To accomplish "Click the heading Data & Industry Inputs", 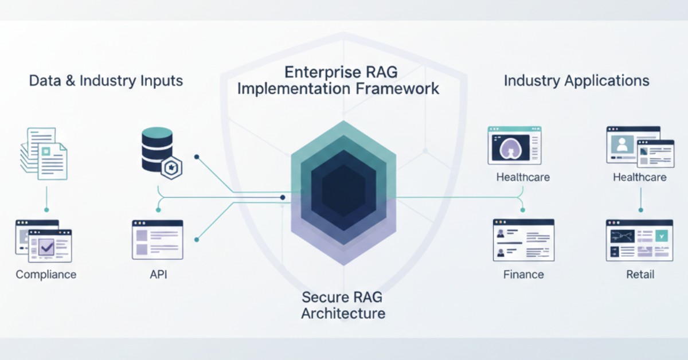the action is pos(106,81).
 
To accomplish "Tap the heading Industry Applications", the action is pos(577,81).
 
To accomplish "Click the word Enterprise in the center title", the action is pos(318,73).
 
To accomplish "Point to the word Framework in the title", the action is pos(397,89).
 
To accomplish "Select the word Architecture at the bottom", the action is pos(343,314).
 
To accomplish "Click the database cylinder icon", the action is pos(157,150).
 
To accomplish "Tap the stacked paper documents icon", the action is pos(44,154).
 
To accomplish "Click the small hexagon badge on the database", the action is pos(171,168).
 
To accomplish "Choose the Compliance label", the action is pos(46,275).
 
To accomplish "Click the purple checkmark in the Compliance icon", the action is pos(46,247).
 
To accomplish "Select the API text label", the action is pos(158,275).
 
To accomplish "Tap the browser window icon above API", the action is pos(158,240).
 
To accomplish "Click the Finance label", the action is pos(523,275).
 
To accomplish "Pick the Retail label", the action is pos(640,275).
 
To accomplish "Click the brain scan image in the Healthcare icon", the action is pos(511,148).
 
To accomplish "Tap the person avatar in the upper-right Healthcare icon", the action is pos(622,144).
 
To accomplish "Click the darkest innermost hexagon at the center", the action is pos(343,191).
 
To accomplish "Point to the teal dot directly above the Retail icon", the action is pos(641,210).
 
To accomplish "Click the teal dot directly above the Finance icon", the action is pos(523,210).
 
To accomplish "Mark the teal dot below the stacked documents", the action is pos(46,210).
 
